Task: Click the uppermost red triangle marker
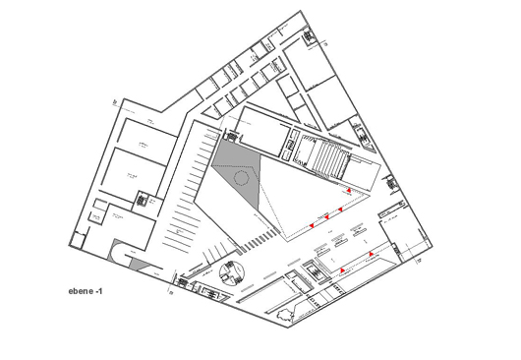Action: click(x=348, y=190)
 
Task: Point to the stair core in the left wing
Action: click(x=143, y=199)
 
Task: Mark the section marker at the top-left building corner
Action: click(x=114, y=101)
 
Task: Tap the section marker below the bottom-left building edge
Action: click(x=170, y=292)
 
